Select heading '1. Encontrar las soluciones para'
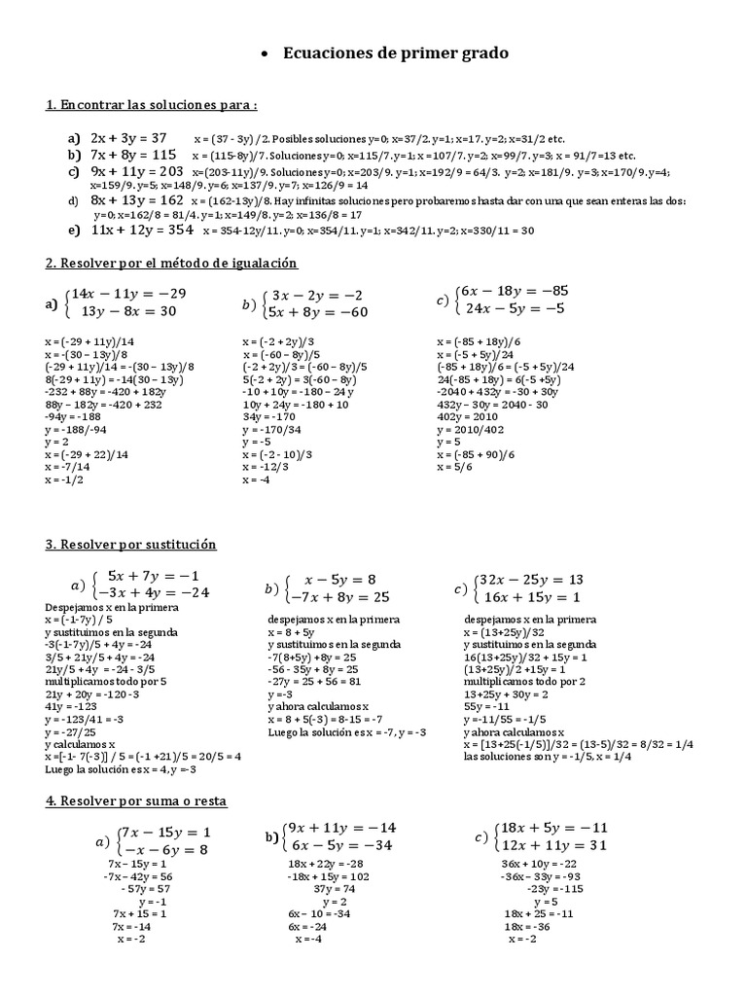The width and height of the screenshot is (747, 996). point(152,105)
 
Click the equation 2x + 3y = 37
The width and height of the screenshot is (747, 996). point(129,138)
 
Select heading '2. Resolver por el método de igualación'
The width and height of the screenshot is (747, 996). point(171,264)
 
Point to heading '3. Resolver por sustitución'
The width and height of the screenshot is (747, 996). point(130,545)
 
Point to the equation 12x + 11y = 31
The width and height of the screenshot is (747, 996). point(551,845)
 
